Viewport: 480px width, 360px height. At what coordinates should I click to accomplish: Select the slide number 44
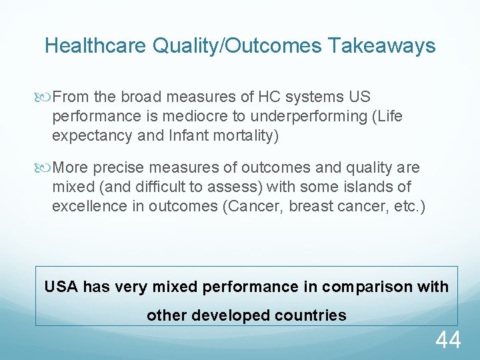click(448, 340)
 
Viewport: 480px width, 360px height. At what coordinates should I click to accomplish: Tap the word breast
click(312, 205)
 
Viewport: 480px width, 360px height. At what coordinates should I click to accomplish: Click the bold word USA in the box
click(61, 287)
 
